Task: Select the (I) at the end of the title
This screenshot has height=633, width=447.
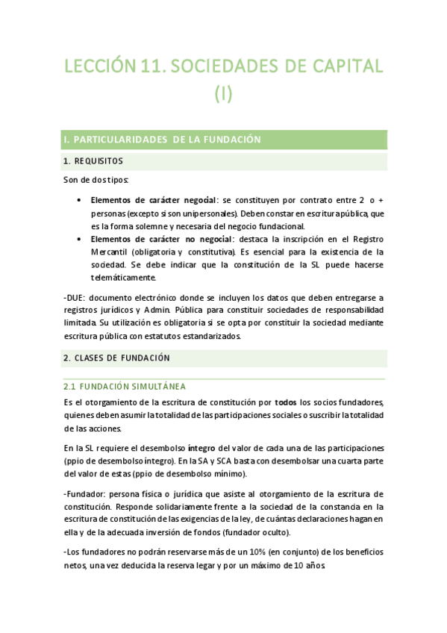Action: pyautogui.click(x=224, y=94)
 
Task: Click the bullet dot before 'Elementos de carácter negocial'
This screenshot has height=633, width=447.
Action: pyautogui.click(x=80, y=201)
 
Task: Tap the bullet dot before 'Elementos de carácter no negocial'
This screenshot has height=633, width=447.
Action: pyautogui.click(x=80, y=239)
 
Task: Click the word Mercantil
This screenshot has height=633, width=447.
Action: pyautogui.click(x=112, y=252)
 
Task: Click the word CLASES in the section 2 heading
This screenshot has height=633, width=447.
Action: pyautogui.click(x=93, y=358)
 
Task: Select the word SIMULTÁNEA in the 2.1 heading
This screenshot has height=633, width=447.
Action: pyautogui.click(x=154, y=387)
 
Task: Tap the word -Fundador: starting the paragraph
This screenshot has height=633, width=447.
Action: pyautogui.click(x=84, y=494)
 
